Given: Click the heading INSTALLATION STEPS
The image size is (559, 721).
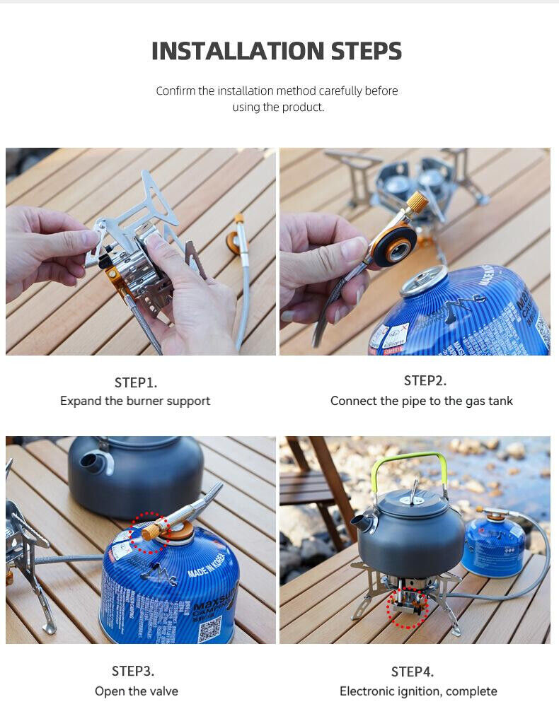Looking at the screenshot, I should click(277, 51).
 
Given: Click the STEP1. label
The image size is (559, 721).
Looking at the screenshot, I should click(135, 382).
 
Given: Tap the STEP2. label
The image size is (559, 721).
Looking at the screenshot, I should click(425, 380).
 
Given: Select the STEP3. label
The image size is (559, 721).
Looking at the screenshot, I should click(133, 671).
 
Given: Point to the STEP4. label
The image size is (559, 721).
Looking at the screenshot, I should click(413, 672).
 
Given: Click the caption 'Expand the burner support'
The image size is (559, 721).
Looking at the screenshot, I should click(135, 401).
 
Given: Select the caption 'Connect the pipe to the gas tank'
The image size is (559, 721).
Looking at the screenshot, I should click(421, 401).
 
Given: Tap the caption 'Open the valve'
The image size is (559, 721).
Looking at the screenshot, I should click(137, 691).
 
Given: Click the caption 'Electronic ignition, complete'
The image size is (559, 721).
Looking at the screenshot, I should click(418, 691).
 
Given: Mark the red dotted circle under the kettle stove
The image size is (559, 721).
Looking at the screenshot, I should click(408, 607).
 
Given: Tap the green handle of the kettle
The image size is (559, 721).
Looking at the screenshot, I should click(410, 460).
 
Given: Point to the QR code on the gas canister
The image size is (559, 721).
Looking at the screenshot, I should click(209, 628).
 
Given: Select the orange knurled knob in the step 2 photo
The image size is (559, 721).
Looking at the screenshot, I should click(417, 202).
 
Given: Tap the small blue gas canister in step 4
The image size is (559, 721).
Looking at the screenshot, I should click(493, 546).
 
